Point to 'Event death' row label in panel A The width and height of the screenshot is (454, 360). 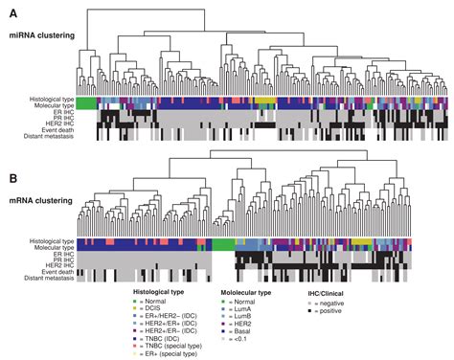pyautogui.click(x=50, y=130)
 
